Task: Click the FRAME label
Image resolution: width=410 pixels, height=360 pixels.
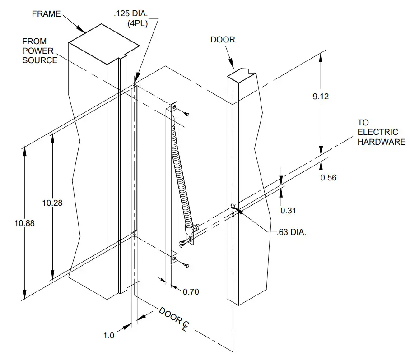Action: [x=46, y=14]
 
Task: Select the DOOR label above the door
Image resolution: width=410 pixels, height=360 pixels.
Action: [x=223, y=40]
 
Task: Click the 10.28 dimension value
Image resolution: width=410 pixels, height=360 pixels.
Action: [x=52, y=203]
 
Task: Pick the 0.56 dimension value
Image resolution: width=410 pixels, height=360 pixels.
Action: [x=329, y=177]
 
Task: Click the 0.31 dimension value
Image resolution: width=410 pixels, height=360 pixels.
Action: [x=289, y=210]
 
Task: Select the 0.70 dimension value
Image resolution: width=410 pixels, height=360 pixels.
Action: [x=191, y=292]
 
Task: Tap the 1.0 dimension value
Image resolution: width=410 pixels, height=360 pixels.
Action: [x=109, y=336]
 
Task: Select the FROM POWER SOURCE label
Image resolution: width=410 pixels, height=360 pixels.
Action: [x=40, y=51]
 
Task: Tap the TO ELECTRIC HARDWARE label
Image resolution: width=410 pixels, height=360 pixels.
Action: [x=381, y=132]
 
